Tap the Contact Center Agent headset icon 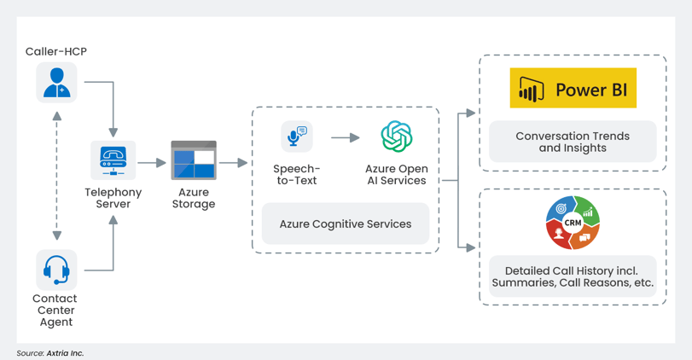[x=57, y=270]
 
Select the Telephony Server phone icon [x=113, y=160]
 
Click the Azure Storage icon [x=194, y=160]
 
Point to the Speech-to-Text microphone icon [x=296, y=137]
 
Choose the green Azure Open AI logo [x=396, y=137]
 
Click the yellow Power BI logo [x=573, y=89]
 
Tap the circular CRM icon [x=573, y=223]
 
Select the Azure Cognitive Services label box [x=345, y=224]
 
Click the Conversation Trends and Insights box [x=573, y=142]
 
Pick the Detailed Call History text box [x=573, y=276]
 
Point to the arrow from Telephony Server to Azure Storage [x=152, y=162]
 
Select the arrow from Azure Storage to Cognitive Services [x=233, y=162]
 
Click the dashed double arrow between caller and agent [x=57, y=175]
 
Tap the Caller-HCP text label [x=56, y=51]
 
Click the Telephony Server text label [x=113, y=198]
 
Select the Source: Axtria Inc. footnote [x=50, y=352]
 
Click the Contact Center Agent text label [x=55, y=310]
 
